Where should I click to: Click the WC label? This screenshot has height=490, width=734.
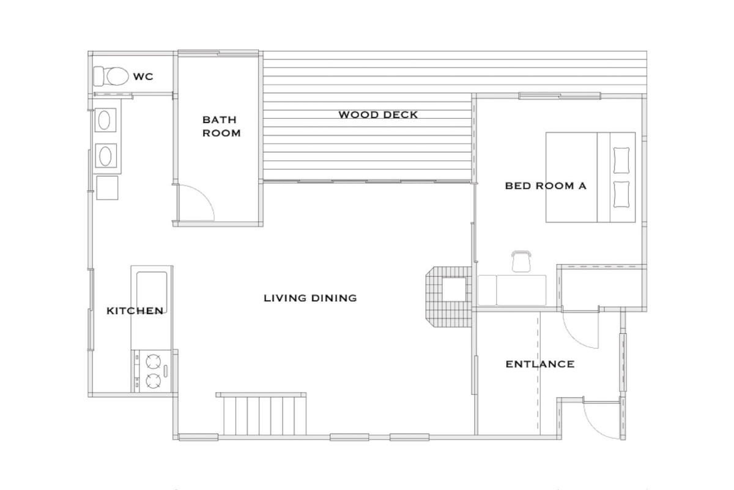click(143, 77)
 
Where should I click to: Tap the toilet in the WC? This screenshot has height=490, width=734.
click(111, 76)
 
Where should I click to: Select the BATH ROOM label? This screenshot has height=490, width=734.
click(221, 126)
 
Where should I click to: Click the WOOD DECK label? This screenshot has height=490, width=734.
click(378, 115)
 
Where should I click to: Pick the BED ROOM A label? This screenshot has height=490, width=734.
click(546, 186)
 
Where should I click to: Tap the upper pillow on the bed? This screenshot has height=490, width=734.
click(621, 160)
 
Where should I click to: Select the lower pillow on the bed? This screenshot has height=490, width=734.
click(621, 194)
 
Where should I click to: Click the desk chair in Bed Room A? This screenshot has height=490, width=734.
click(521, 261)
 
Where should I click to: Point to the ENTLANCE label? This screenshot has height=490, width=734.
click(540, 364)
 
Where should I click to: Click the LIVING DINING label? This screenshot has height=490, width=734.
click(310, 298)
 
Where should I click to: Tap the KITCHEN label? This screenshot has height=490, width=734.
click(135, 311)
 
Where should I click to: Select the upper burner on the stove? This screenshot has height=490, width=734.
click(154, 361)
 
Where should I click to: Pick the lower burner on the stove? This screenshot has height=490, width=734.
click(154, 381)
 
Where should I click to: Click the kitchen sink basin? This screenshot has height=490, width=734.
click(152, 292)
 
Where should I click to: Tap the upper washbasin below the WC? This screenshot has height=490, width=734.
click(105, 120)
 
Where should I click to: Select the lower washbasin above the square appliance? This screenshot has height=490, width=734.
click(105, 156)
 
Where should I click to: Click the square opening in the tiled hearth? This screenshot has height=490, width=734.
click(454, 289)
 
